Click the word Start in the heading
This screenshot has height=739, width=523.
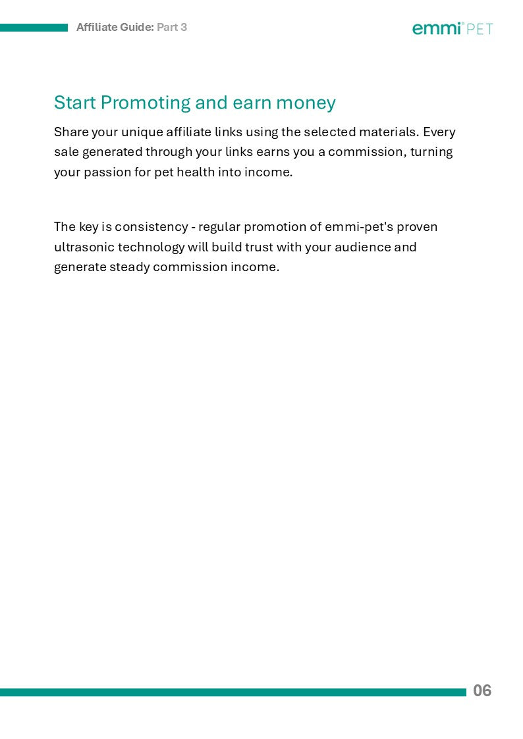(75, 103)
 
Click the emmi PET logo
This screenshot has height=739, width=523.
(453, 28)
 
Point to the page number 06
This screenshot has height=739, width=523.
(482, 691)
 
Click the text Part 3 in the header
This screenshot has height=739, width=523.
(172, 27)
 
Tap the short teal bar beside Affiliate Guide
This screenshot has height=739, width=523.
(34, 28)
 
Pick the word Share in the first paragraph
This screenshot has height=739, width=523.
(70, 132)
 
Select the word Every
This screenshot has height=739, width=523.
(439, 132)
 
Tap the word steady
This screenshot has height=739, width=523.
(129, 268)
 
